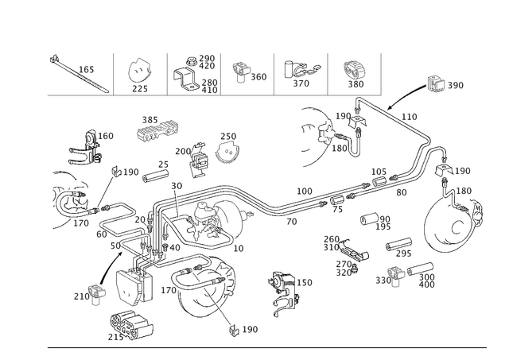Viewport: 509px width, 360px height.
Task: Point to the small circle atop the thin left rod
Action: click(115, 170)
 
